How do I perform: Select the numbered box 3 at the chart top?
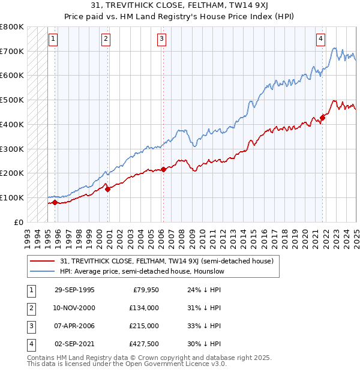(x=162, y=40)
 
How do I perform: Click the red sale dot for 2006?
(x=163, y=169)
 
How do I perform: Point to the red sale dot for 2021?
(x=322, y=118)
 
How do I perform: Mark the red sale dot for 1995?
(x=55, y=202)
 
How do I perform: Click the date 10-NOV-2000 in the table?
(x=74, y=308)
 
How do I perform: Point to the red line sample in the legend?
(x=42, y=261)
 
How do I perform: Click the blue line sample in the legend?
(x=42, y=271)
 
